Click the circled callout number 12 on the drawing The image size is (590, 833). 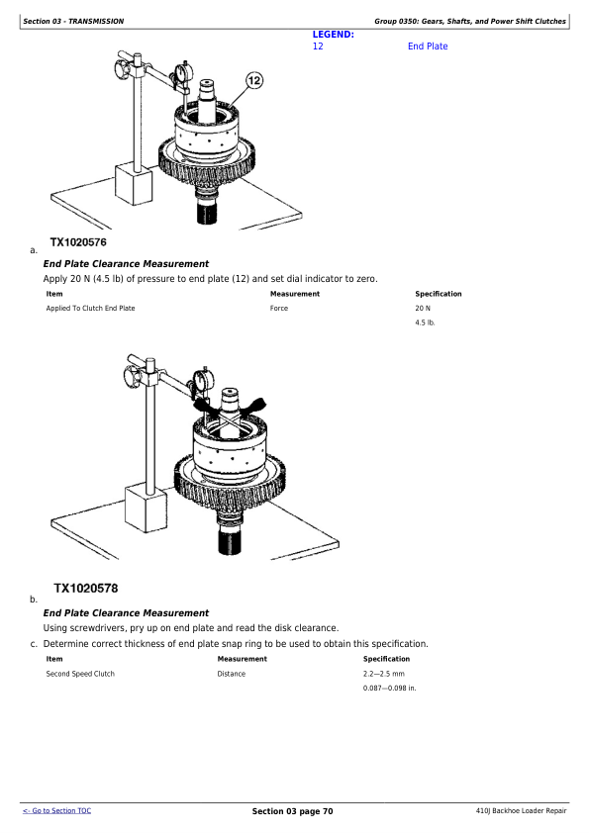click(x=254, y=80)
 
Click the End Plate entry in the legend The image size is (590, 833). click(x=428, y=46)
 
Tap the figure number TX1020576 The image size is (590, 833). click(x=78, y=242)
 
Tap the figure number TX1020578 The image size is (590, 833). click(x=85, y=588)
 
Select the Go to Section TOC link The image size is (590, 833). click(x=56, y=810)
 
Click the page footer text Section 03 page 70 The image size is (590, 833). click(x=292, y=811)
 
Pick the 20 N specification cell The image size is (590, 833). click(x=423, y=308)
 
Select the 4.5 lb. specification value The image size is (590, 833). click(x=425, y=323)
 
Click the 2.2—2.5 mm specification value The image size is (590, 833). click(x=384, y=674)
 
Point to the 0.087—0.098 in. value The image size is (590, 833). click(x=390, y=688)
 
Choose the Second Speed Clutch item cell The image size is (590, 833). click(x=80, y=674)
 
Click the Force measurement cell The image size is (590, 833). click(x=279, y=308)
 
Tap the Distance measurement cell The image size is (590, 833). click(x=232, y=674)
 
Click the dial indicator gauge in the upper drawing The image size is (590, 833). click(x=182, y=72)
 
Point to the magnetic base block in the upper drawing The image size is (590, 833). click(x=134, y=184)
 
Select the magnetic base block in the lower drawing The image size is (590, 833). click(x=146, y=509)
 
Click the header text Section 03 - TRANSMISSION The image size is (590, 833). click(x=73, y=21)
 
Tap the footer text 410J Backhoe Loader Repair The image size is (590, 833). click(x=521, y=810)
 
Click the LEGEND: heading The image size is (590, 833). click(x=334, y=35)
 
